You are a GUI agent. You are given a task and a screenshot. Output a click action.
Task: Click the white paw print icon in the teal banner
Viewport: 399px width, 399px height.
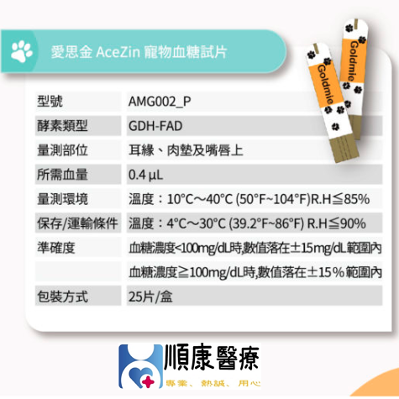(22, 51)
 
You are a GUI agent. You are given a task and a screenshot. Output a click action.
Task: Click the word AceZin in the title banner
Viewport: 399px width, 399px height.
(118, 52)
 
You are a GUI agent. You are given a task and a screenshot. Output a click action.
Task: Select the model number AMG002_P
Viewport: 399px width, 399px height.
(160, 102)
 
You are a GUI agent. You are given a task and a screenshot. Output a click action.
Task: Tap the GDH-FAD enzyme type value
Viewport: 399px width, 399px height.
(155, 126)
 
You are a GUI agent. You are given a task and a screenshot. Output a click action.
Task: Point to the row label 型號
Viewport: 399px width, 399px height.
(50, 102)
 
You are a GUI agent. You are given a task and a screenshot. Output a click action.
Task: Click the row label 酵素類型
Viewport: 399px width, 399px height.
(62, 126)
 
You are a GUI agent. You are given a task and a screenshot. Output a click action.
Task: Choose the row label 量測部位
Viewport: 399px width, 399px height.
(62, 150)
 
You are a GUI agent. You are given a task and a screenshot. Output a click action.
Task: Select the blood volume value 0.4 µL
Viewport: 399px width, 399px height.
(145, 175)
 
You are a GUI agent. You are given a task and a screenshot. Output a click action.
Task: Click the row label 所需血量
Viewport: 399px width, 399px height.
(62, 175)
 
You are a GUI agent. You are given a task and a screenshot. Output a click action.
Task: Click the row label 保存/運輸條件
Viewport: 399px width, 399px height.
(77, 223)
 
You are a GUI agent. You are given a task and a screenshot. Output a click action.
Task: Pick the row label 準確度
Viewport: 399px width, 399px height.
(56, 248)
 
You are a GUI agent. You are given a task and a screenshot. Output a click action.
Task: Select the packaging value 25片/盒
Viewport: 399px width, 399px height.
(150, 297)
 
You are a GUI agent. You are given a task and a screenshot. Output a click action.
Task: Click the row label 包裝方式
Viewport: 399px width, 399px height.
(62, 297)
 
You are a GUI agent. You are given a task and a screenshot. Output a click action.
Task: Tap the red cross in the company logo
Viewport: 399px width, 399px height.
(148, 381)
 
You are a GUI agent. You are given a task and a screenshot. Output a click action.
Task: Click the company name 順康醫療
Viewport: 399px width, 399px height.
(212, 359)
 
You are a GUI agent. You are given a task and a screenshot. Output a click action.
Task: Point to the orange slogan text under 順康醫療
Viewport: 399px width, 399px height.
(213, 383)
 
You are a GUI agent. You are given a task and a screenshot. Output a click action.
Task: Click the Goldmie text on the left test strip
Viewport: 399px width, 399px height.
(326, 85)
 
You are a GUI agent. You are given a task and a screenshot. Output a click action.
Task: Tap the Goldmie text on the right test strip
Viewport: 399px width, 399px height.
(353, 60)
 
